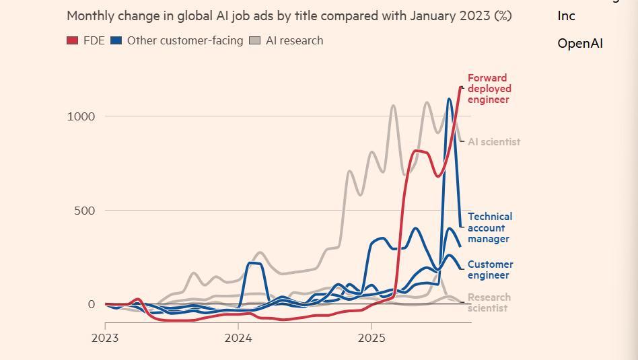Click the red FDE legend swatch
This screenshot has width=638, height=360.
(73, 41)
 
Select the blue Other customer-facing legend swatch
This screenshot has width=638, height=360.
(116, 41)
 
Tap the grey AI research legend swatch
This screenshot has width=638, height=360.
(255, 41)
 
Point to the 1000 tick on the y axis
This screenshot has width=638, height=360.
(81, 116)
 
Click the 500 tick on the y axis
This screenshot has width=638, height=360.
(84, 211)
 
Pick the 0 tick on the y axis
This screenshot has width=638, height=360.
(92, 304)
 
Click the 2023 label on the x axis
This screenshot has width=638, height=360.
(105, 338)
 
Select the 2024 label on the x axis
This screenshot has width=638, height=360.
(238, 338)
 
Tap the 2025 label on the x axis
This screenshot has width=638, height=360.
(371, 338)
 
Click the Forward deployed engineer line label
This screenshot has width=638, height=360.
(489, 89)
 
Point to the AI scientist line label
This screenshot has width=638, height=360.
(494, 142)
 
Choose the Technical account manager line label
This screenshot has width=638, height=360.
(490, 227)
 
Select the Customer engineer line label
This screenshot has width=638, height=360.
(490, 270)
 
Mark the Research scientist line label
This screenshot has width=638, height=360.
(489, 303)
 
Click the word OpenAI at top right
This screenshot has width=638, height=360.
(580, 44)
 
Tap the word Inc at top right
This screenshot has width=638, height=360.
(566, 16)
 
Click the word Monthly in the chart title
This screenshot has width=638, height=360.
(88, 15)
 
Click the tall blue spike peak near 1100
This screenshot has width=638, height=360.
(450, 99)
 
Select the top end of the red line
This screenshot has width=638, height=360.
(461, 87)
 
